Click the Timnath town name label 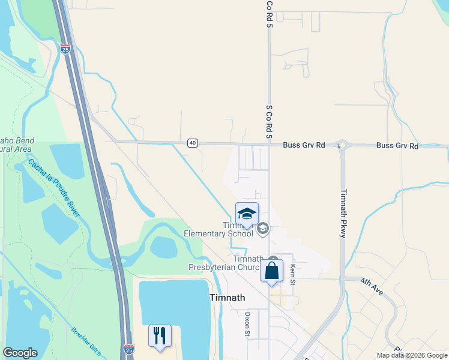[228, 298]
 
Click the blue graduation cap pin [247, 214]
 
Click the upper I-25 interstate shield [65, 49]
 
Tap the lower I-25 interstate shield [129, 349]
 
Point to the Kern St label [293, 272]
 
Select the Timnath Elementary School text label [219, 230]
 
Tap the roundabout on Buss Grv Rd [343, 145]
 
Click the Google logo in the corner [20, 353]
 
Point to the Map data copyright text [411, 355]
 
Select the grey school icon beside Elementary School [262, 228]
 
